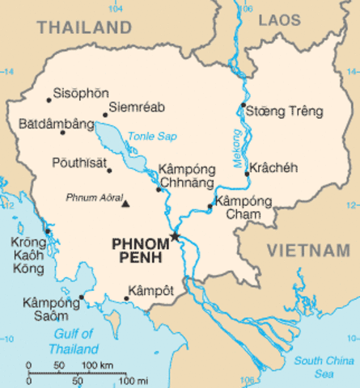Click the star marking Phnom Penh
(174, 236)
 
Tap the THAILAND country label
(84, 27)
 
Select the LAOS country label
(279, 19)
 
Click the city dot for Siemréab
(105, 115)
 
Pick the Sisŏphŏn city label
(80, 93)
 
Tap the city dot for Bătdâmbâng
(63, 132)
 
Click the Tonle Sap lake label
(151, 136)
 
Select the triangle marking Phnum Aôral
(125, 203)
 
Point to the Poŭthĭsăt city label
(78, 162)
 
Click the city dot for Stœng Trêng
(243, 105)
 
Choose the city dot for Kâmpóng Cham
(210, 206)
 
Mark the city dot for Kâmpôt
(127, 298)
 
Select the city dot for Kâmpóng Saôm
(82, 297)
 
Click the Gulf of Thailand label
(72, 341)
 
